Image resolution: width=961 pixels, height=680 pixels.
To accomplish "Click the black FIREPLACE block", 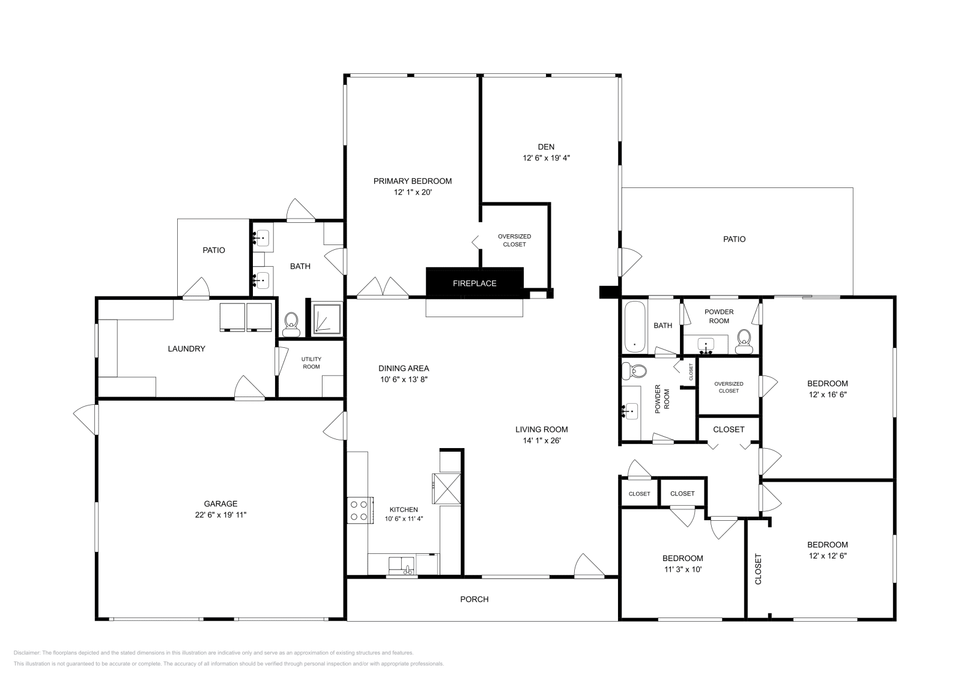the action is coord(474,283).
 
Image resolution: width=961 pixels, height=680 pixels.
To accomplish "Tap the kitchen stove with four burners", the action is coord(360,510).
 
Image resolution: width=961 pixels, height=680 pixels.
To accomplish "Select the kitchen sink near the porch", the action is coord(401,565).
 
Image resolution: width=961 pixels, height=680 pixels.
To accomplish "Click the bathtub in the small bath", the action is coord(634,327).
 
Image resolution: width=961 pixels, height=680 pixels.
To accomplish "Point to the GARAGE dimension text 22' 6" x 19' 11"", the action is coord(220,515).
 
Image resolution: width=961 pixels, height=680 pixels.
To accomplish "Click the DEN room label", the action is coord(546,147).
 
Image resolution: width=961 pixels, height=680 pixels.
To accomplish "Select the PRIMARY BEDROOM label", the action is coord(412,181).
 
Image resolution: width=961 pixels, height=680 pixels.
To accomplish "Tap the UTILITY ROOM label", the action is coord(311,363).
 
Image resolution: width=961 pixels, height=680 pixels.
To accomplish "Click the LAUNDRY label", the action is coord(186,349).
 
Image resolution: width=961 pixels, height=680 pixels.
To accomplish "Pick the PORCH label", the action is coord(474,600).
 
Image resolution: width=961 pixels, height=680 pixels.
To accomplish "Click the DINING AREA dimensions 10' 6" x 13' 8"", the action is coord(404,379).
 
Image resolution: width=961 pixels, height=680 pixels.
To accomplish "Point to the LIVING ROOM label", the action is coord(541,430).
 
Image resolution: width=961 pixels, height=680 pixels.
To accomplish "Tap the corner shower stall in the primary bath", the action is coord(327,319).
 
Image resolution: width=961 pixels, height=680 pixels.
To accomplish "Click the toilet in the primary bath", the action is coord(292,324).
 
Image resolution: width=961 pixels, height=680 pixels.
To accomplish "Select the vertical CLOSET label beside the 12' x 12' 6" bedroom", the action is coord(758,569).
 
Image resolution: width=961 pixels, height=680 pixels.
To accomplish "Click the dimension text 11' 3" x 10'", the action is coord(682,569).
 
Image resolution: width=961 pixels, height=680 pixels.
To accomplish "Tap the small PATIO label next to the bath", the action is coord(214,250).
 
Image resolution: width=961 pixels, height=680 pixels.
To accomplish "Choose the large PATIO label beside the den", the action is coord(734,239).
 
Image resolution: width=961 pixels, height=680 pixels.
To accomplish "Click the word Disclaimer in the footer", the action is coord(26,652).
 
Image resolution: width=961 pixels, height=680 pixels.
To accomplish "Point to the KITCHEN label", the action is coord(403,509).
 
